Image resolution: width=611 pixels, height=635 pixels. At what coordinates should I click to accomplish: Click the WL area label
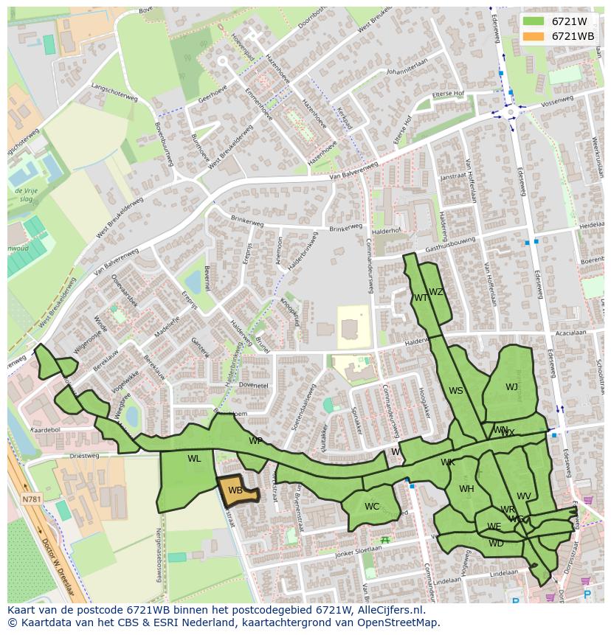point(194,459)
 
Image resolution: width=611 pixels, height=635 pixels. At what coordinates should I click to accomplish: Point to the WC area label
point(372,507)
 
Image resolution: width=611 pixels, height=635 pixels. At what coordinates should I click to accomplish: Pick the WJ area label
point(511,387)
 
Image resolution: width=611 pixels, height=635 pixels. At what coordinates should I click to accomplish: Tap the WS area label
point(456,391)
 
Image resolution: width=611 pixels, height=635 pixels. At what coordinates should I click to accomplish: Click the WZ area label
point(436,292)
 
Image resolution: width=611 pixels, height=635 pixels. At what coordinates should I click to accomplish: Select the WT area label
point(421,298)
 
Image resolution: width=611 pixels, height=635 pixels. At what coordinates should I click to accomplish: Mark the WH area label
point(466,489)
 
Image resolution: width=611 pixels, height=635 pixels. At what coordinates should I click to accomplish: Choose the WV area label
point(524,496)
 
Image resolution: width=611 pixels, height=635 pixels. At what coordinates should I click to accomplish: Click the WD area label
point(496,544)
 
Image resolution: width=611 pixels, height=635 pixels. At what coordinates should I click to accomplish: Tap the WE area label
point(494,527)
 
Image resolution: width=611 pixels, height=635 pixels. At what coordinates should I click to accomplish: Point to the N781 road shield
point(32,499)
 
